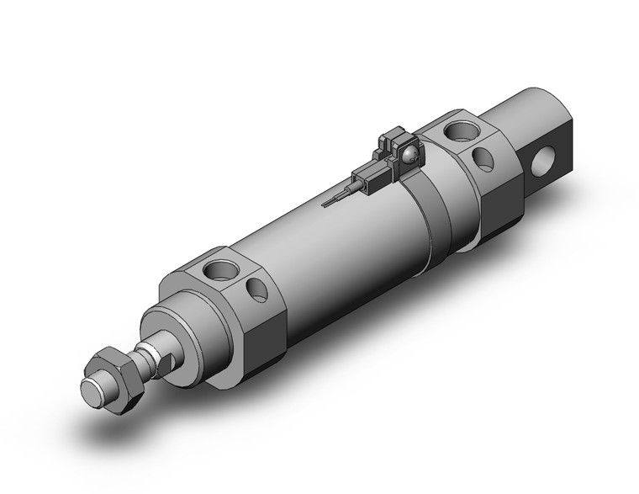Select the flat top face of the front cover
tap(210, 269)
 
